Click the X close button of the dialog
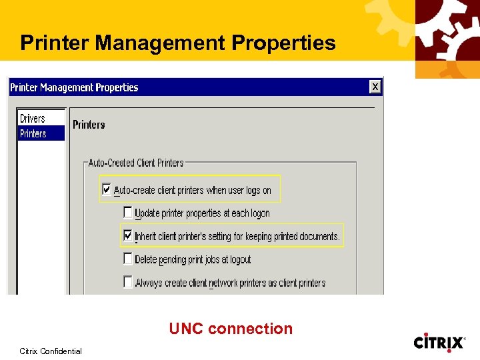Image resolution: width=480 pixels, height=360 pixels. [375, 87]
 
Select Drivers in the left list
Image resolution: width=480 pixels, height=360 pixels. [33, 119]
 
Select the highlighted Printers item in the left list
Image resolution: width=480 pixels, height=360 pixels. [33, 133]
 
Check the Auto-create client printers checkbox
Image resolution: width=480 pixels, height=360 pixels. [106, 189]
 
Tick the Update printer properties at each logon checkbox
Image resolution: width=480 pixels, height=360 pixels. [128, 213]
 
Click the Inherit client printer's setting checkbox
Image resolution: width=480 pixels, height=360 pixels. [128, 235]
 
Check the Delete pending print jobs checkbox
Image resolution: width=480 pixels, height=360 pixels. [128, 259]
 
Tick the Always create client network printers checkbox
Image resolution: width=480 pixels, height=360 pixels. [128, 282]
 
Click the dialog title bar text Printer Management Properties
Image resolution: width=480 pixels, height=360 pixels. [74, 87]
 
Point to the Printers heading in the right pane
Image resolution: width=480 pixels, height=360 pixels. [89, 125]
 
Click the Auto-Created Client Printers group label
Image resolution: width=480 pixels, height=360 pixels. [136, 163]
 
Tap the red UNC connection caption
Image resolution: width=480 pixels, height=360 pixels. [231, 329]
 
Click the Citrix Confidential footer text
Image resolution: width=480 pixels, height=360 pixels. [51, 351]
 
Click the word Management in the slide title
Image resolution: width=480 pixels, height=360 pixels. [161, 43]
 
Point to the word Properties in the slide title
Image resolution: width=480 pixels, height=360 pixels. [283, 43]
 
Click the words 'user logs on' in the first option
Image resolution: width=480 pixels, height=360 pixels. [250, 190]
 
